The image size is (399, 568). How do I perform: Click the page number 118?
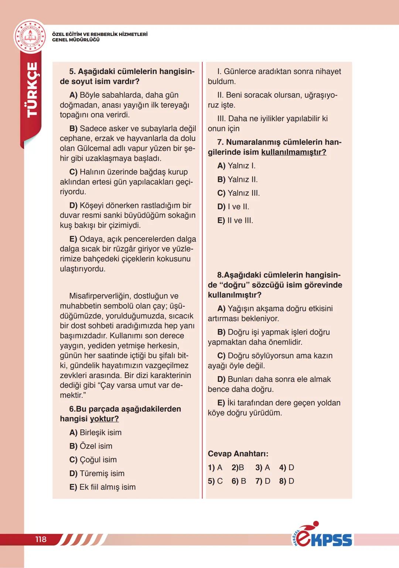coord(41,539)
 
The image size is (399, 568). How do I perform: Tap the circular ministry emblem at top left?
coord(30,37)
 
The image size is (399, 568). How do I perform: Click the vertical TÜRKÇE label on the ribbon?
coord(33,90)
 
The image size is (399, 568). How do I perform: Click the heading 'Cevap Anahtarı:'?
coord(238,454)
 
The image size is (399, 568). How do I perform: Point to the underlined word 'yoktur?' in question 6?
coord(104,419)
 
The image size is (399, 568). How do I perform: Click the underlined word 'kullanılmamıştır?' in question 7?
coord(294,152)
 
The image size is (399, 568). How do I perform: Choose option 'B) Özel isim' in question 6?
coord(91,446)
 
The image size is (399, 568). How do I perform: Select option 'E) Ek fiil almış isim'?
coord(102,487)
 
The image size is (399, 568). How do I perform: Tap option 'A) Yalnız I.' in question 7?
coord(236,166)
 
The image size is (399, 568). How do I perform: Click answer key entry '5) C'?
coord(215,481)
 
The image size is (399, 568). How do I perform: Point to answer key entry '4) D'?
coord(287,467)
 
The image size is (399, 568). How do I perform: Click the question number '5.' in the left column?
coord(72,71)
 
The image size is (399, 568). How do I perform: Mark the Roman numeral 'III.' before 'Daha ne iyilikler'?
coord(222,119)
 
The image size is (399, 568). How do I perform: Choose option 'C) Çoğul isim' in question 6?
coord(93,460)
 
